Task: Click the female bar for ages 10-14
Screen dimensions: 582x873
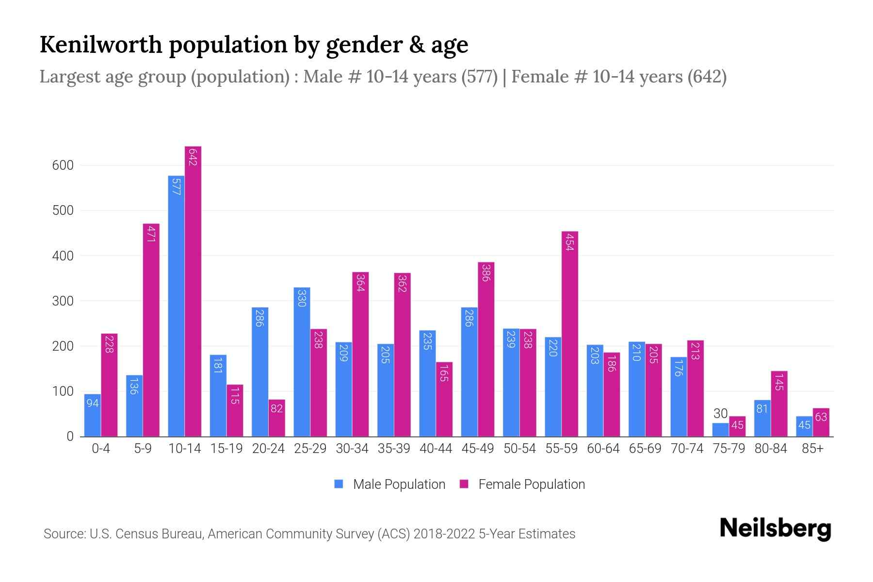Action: (193, 291)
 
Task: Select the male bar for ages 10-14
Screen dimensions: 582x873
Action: (176, 306)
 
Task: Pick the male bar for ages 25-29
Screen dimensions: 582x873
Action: (302, 362)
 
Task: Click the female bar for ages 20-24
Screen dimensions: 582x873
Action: (276, 418)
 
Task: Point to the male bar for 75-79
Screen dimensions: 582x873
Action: (720, 430)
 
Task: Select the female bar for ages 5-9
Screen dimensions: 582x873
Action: (151, 330)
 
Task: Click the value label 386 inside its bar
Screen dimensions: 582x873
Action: (485, 273)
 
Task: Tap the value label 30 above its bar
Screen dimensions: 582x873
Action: (720, 414)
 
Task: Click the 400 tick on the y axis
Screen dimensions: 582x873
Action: (63, 256)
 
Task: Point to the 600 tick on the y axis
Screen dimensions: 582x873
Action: (63, 165)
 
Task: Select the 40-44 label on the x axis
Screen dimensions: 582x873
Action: (436, 449)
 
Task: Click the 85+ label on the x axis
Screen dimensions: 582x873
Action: (812, 449)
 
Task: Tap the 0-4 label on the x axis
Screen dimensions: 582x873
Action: (101, 449)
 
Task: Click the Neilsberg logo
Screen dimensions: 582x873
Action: (775, 529)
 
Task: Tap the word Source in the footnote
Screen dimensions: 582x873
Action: (64, 534)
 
